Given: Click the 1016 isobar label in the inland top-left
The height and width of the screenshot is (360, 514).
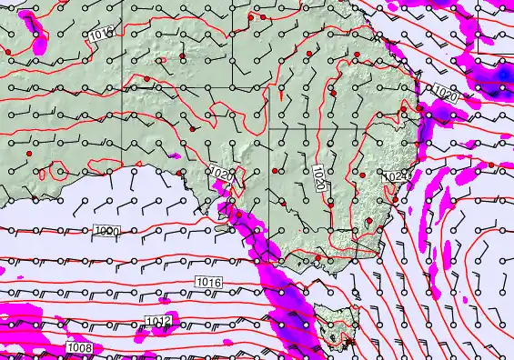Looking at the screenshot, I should click(x=102, y=35).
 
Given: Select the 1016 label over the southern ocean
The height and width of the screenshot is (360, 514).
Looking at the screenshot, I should click(x=208, y=283).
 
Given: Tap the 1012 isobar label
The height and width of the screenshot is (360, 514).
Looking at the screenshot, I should click(x=157, y=322).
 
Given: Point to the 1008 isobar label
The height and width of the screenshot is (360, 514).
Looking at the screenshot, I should click(x=78, y=348).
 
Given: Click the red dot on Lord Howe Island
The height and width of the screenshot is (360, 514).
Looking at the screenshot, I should click(x=491, y=165).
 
